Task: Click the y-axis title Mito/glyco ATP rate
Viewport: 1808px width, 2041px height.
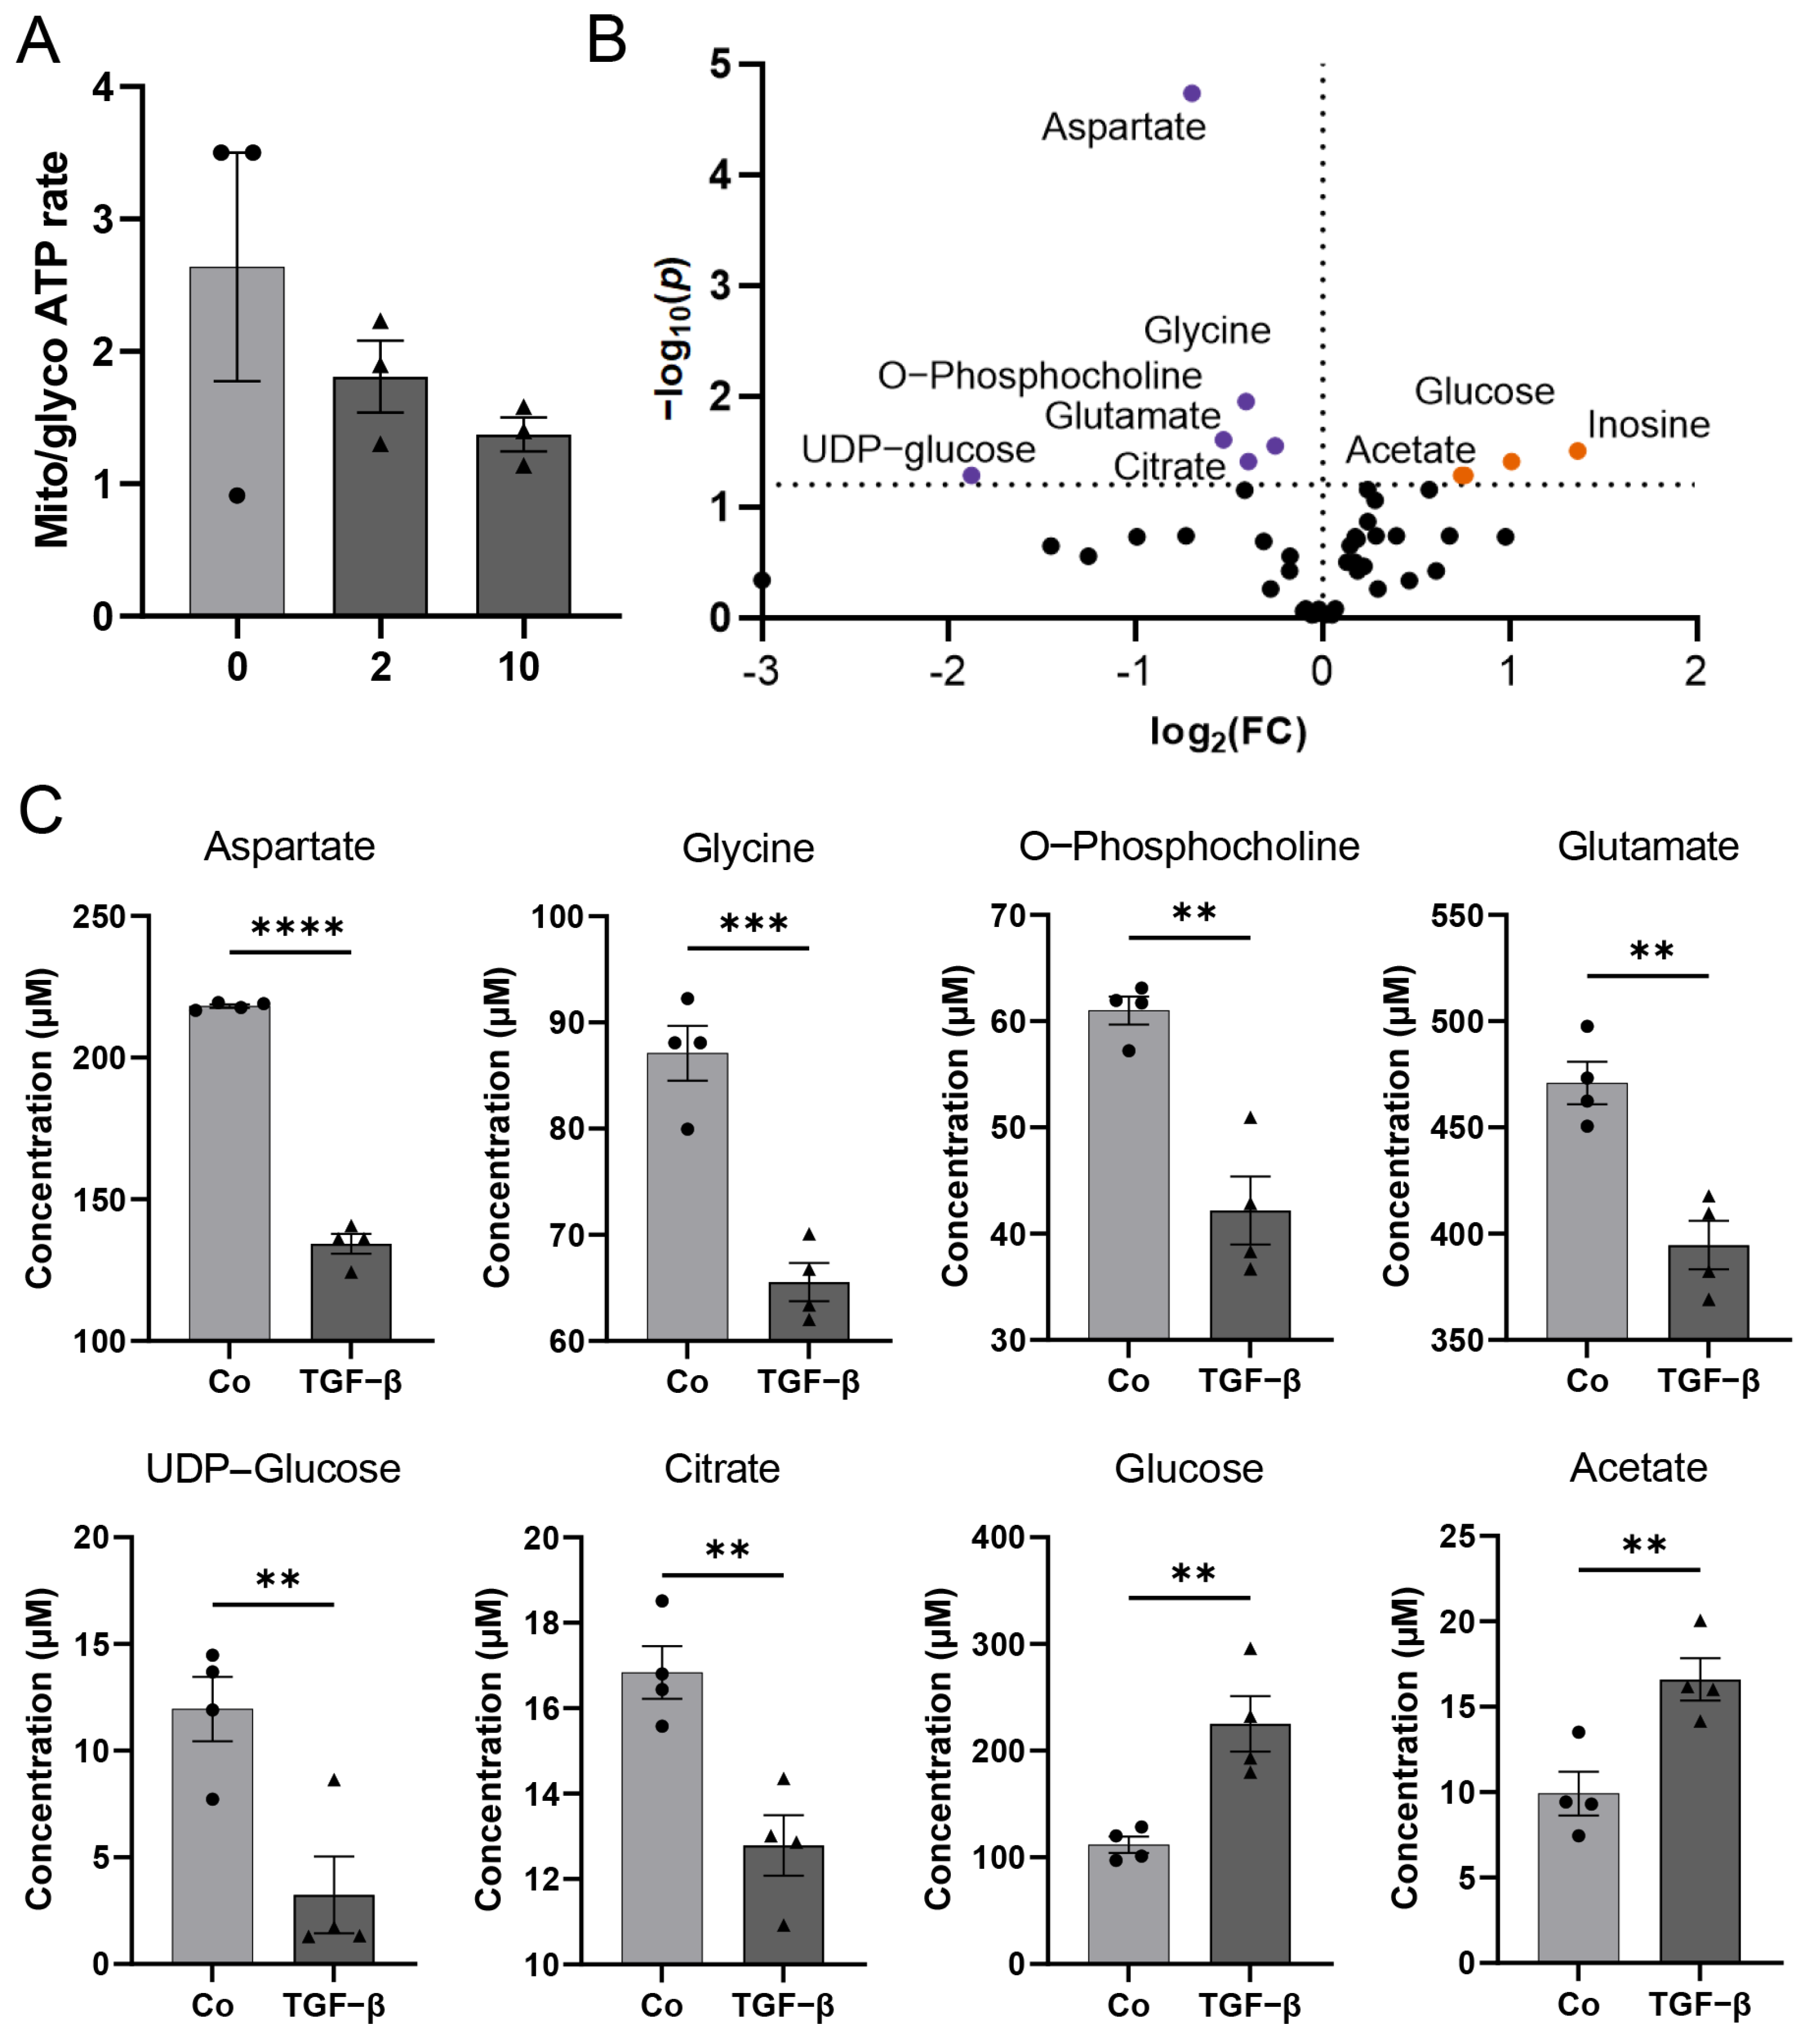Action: pyautogui.click(x=52, y=349)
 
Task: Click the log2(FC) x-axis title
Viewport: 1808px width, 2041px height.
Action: pyautogui.click(x=1227, y=733)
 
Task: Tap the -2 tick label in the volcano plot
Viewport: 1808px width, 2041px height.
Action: pyautogui.click(x=947, y=671)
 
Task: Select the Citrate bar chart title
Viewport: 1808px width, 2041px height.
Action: pyautogui.click(x=721, y=1469)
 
